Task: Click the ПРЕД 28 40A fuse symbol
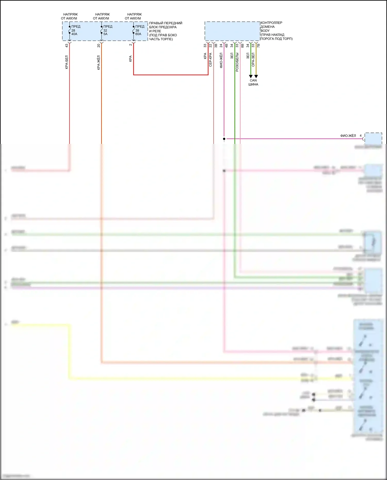tap(70, 30)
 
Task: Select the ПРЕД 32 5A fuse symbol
tap(102, 30)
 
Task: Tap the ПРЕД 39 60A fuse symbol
tap(134, 30)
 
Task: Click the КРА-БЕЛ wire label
tap(67, 62)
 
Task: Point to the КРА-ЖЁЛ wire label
tap(99, 63)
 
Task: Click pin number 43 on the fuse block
tap(67, 45)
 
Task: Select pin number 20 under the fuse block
tap(99, 45)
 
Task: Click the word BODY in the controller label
tap(265, 31)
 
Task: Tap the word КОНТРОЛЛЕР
tap(271, 23)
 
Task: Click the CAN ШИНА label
tap(253, 83)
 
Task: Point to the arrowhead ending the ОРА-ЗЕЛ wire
tap(256, 76)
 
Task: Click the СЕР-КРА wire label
tap(211, 60)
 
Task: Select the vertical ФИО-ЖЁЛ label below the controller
tap(221, 60)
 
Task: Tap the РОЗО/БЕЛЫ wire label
tap(237, 62)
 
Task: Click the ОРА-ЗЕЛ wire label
tap(253, 60)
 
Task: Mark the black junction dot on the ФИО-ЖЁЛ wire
tap(224, 139)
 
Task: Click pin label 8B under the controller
tap(243, 45)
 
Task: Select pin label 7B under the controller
tap(259, 45)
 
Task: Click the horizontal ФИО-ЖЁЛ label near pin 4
tap(348, 136)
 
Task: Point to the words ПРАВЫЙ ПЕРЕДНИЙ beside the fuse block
tap(166, 23)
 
